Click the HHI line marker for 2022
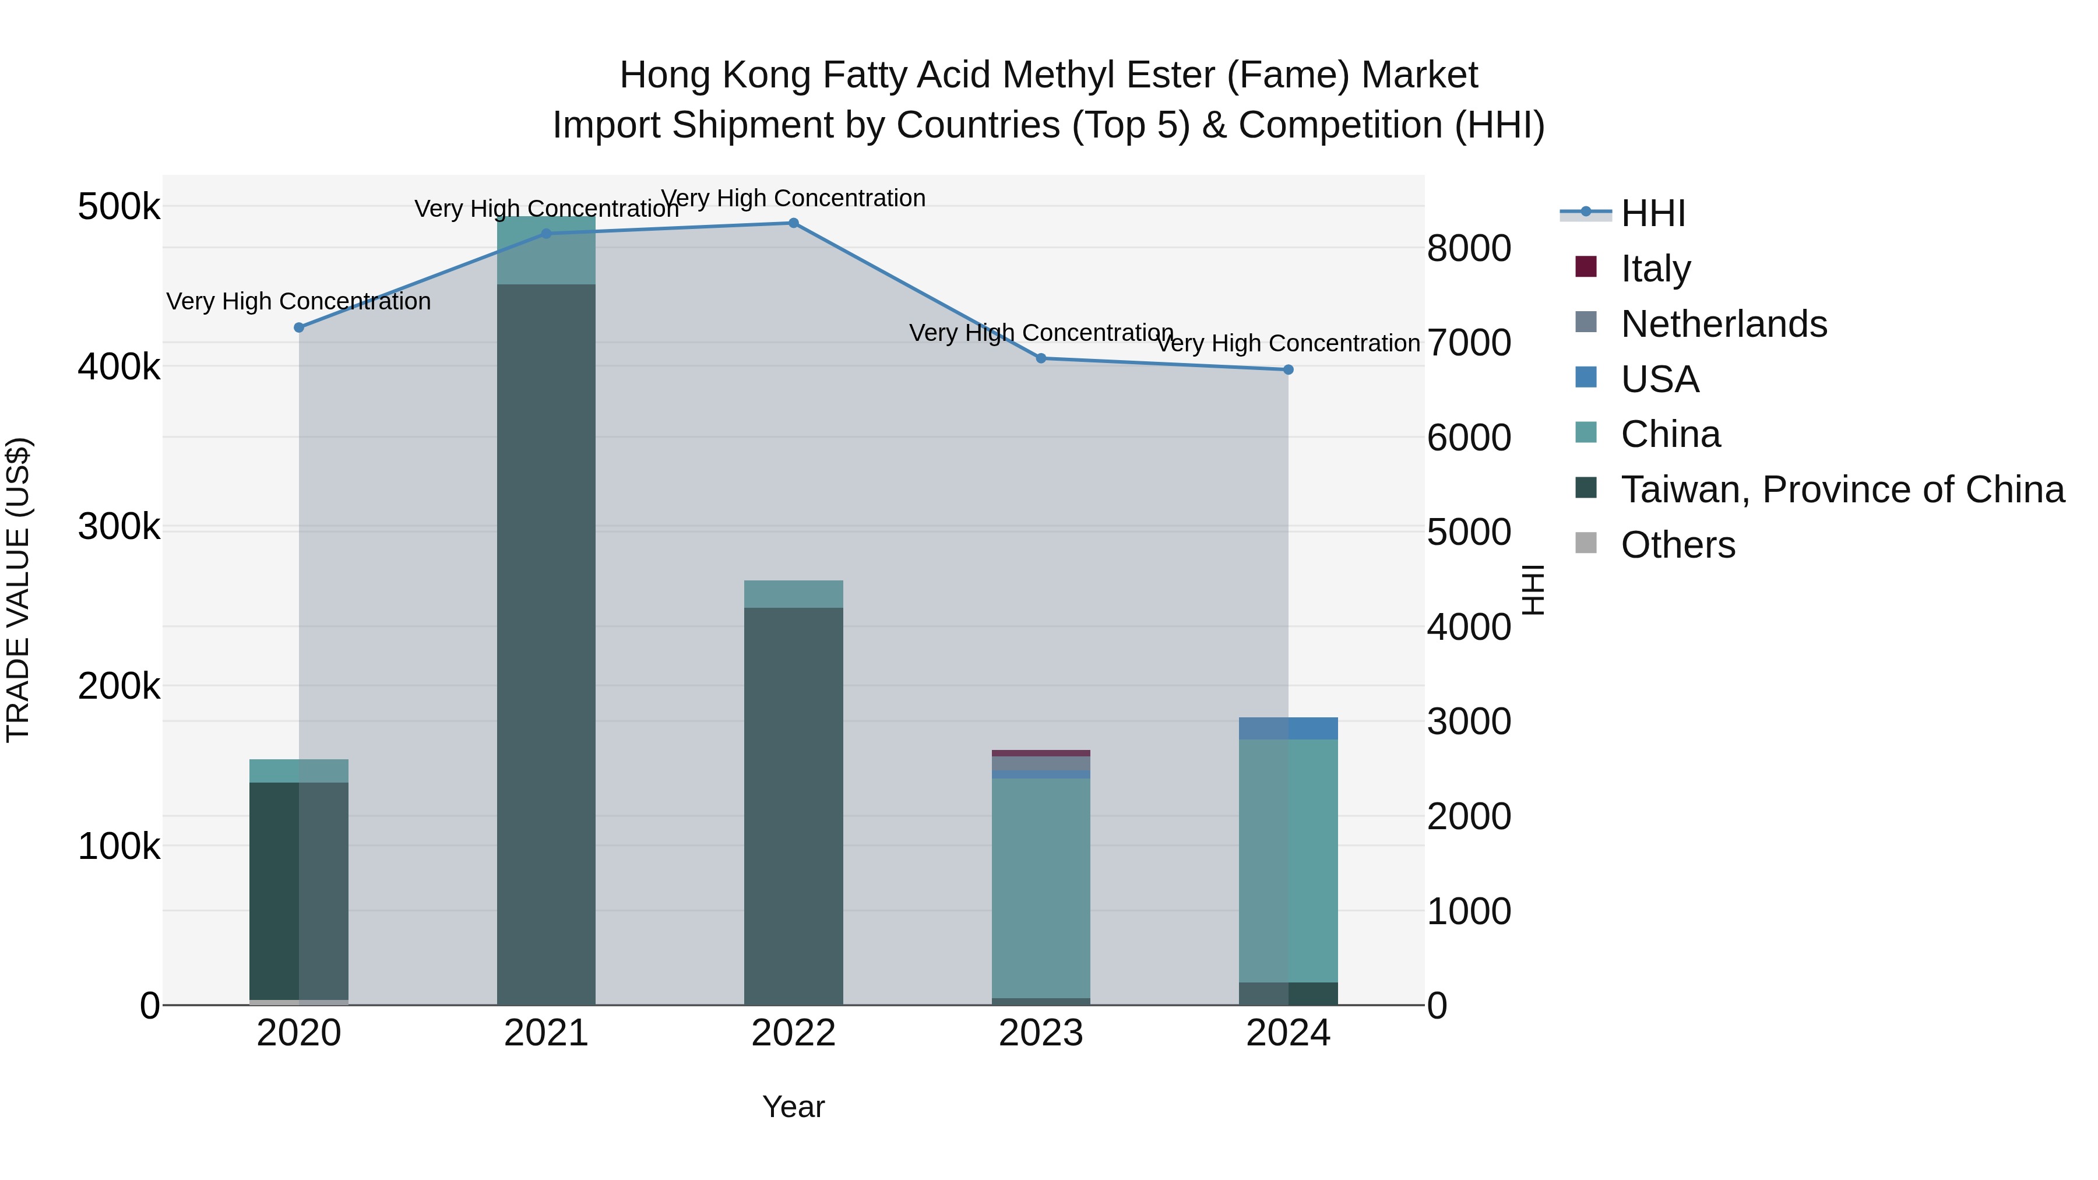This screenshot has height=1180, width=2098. coord(793,223)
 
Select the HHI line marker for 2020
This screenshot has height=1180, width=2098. coord(299,327)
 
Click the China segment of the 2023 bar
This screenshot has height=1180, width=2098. coord(1041,887)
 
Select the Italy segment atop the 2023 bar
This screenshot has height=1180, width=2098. coord(1041,753)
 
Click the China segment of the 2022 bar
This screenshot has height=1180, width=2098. coord(793,594)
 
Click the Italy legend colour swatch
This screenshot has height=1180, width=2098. coord(1586,267)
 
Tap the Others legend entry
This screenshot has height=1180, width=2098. coord(1678,545)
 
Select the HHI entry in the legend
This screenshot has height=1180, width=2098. coord(1653,213)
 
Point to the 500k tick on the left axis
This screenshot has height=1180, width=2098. coord(119,207)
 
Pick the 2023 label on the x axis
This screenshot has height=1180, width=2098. coord(1041,1033)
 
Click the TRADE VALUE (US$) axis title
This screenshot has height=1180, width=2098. coord(19,590)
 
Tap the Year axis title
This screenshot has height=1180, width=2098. coord(793,1107)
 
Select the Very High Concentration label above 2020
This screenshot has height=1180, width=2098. coord(299,301)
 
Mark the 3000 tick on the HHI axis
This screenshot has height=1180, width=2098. coord(1469,721)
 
